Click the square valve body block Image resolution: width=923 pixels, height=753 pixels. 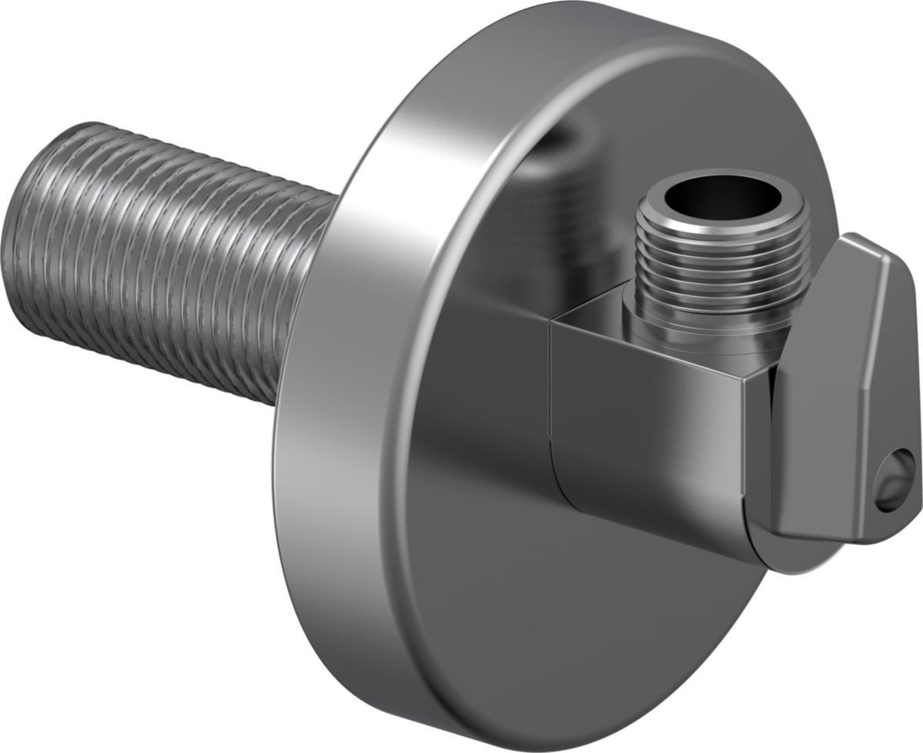tap(654, 431)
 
